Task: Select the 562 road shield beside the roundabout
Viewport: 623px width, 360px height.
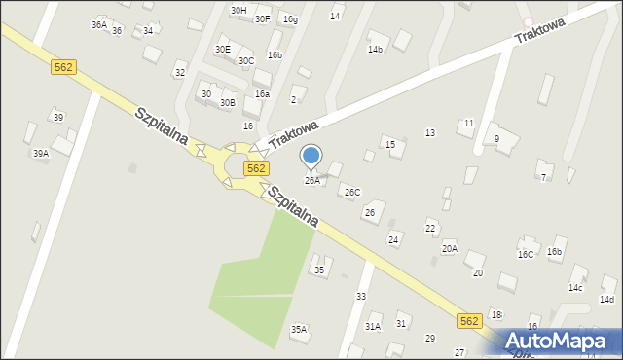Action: coord(256,168)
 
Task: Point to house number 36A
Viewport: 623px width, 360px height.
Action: coord(99,24)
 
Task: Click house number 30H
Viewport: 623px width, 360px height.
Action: coord(238,10)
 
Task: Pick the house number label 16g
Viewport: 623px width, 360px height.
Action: coord(290,18)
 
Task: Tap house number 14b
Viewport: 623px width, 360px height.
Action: coord(375,49)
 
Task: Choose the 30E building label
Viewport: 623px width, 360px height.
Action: coord(223,49)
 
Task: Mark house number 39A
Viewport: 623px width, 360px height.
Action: coord(40,153)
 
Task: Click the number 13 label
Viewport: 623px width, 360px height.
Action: coord(429,132)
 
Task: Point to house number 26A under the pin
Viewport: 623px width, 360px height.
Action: coord(311,180)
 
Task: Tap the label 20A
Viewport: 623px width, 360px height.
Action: coord(449,248)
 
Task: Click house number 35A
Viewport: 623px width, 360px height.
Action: coord(299,329)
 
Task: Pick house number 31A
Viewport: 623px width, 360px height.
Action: coord(373,326)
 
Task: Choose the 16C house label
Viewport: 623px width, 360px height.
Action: coord(526,254)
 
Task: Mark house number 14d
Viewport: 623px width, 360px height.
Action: coord(607,299)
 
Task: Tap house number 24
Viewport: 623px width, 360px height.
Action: coord(393,238)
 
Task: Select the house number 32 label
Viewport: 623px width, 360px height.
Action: coord(179,73)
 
